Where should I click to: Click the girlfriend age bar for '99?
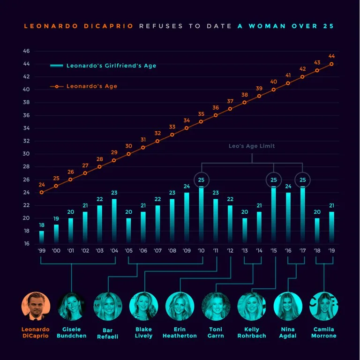(41, 237)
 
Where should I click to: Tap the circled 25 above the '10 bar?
(202, 180)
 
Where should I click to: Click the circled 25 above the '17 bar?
(302, 180)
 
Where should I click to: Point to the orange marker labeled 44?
(331, 64)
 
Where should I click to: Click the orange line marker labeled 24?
(41, 192)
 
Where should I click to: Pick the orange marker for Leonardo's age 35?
(202, 121)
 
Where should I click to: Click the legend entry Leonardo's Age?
(91, 86)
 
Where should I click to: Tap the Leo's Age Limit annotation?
(252, 146)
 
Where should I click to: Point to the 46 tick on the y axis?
(26, 51)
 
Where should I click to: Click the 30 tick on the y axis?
(26, 154)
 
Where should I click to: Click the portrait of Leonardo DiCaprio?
(35, 306)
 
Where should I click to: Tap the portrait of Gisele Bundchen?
(71, 306)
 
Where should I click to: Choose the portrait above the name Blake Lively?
(143, 306)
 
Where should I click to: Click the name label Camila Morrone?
(324, 332)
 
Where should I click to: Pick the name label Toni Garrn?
(216, 332)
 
